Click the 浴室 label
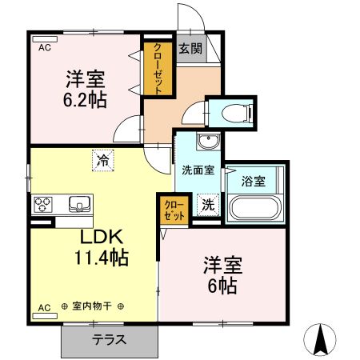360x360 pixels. (254, 181)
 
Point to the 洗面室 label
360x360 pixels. (197, 170)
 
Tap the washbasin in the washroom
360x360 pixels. (208, 142)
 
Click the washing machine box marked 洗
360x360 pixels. (206, 204)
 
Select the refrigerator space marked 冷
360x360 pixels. (103, 160)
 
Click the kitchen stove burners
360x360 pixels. (43, 205)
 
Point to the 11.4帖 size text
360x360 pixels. (98, 258)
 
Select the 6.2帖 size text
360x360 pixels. (85, 100)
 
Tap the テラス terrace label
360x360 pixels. (109, 339)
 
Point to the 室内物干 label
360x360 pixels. (93, 306)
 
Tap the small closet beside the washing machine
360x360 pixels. (173, 210)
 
